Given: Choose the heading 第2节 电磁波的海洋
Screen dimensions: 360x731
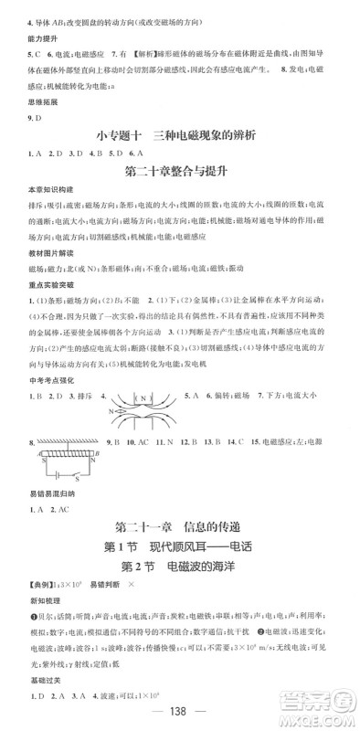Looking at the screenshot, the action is [179, 570].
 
